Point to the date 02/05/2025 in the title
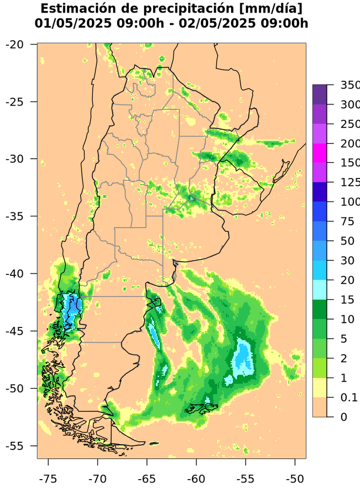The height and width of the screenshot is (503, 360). tap(209, 23)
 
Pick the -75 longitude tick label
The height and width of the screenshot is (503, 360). tap(48, 479)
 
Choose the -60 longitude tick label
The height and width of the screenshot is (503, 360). tap(196, 479)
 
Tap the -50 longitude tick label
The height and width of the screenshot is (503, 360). tap(295, 479)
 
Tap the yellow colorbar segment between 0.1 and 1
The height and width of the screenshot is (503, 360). tap(320, 388)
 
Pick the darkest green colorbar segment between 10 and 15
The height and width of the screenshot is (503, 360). tap(320, 309)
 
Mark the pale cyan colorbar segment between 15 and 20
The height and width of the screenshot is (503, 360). tap(320, 290)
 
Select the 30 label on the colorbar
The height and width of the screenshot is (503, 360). tap(344, 261)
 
